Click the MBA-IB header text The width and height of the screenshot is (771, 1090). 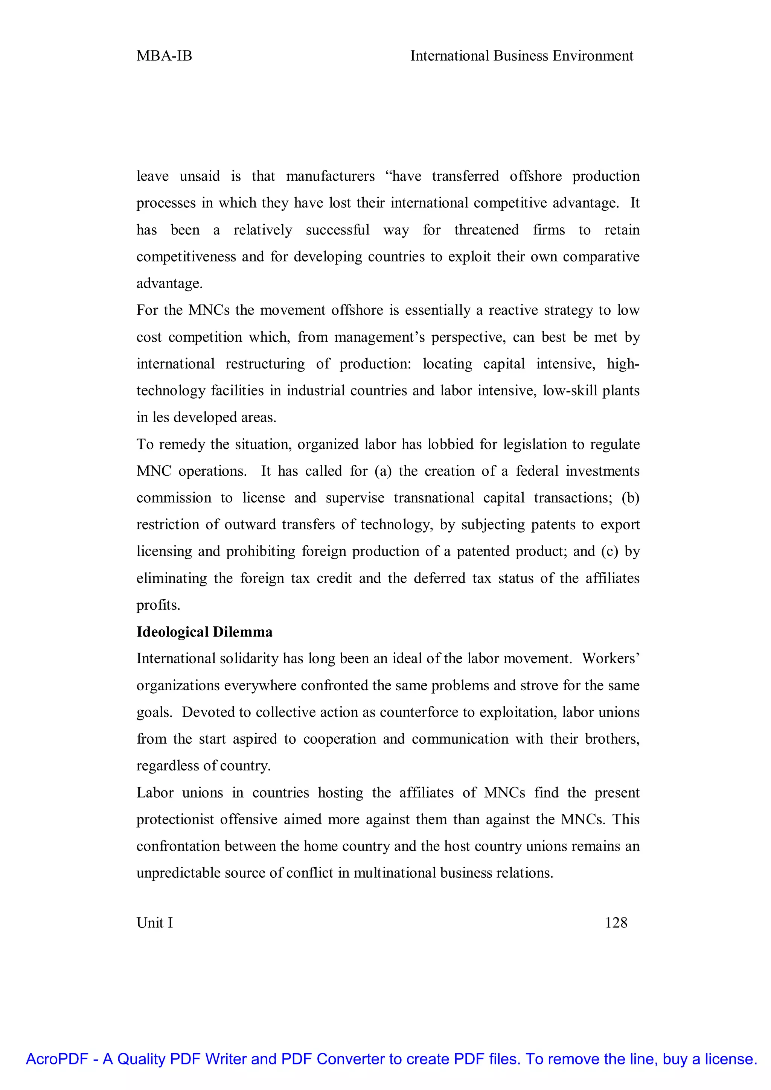click(x=164, y=56)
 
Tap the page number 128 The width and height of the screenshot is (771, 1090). click(x=616, y=923)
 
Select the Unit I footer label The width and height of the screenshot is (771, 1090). click(x=155, y=923)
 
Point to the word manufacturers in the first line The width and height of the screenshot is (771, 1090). click(x=331, y=176)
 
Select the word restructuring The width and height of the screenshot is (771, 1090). click(x=265, y=364)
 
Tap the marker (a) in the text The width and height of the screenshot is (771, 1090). click(x=382, y=471)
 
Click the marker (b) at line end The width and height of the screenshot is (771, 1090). click(x=631, y=498)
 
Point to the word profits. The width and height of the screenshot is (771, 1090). click(x=158, y=605)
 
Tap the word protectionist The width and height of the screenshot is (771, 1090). click(x=174, y=819)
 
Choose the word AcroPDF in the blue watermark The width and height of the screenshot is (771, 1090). click(x=57, y=1059)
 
